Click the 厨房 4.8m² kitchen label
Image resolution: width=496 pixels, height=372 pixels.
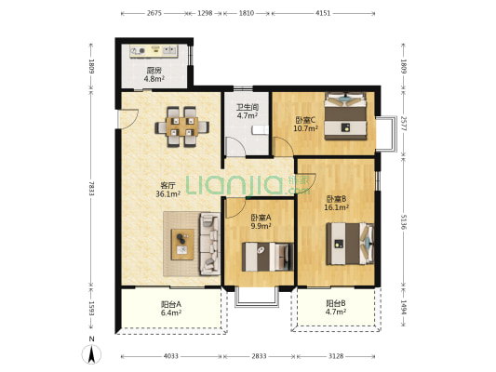click(154, 74)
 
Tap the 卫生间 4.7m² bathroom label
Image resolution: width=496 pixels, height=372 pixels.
click(247, 112)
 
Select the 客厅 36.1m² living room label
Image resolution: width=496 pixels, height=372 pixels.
click(168, 190)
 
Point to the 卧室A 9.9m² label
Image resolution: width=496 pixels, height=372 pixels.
click(261, 221)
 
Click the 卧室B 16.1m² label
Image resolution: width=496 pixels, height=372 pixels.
click(336, 203)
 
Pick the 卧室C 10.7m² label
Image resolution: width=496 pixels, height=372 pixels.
click(305, 124)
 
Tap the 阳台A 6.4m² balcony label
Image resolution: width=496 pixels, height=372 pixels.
click(171, 308)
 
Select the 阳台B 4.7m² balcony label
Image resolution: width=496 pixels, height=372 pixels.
click(336, 308)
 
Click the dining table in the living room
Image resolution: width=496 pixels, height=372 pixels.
click(181, 127)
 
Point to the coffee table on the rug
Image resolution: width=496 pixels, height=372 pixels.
click(182, 245)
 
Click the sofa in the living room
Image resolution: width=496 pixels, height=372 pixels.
click(209, 244)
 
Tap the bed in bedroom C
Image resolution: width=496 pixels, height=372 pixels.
click(345, 115)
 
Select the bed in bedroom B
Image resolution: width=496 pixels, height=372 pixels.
click(350, 244)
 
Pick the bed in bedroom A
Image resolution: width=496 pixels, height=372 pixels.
click(268, 257)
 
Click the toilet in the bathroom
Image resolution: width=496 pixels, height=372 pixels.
click(260, 130)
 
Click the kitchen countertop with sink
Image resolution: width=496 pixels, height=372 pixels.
click(154, 51)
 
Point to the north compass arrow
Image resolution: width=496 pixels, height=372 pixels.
click(92, 354)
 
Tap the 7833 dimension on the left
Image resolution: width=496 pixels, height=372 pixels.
click(91, 189)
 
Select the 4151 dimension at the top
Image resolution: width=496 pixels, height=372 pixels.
click(323, 13)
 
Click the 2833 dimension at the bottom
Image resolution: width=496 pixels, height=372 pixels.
click(259, 356)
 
